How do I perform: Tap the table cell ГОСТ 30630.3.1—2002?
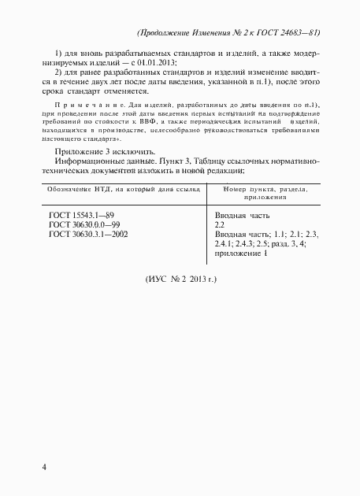(89, 234)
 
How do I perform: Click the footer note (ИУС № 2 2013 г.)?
(181, 279)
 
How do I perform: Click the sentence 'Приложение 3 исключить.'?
(99, 151)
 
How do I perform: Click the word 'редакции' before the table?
(225, 170)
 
